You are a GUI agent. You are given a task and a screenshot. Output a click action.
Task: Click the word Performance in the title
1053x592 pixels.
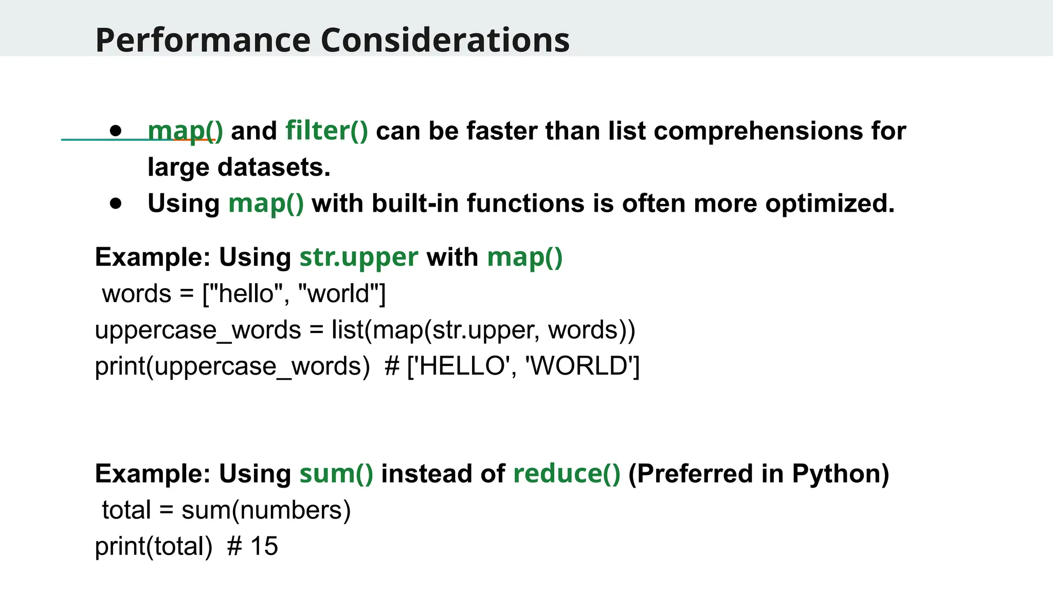pyautogui.click(x=203, y=40)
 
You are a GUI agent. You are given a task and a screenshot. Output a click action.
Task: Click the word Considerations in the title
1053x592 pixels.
pyautogui.click(x=445, y=40)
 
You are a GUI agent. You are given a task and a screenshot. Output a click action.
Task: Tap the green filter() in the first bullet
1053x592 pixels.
pyautogui.click(x=326, y=131)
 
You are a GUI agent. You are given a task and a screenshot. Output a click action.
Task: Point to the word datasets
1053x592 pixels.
pyautogui.click(x=274, y=167)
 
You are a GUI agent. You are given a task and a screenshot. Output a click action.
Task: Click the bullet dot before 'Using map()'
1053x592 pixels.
pyautogui.click(x=116, y=203)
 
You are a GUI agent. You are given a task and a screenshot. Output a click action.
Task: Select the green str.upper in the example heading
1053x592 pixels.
pyautogui.click(x=358, y=257)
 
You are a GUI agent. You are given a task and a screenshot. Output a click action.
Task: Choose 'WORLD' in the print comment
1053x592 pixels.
pyautogui.click(x=579, y=366)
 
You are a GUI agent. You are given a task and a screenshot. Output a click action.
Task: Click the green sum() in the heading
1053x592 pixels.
pyautogui.click(x=336, y=473)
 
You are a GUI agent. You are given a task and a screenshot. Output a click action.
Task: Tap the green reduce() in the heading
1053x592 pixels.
pyautogui.click(x=567, y=473)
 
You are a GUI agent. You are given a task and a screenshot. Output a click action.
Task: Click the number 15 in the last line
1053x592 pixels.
pyautogui.click(x=264, y=546)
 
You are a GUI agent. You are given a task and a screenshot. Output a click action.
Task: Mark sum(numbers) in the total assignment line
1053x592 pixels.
pyautogui.click(x=266, y=510)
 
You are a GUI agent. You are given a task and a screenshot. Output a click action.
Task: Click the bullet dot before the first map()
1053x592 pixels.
pyautogui.click(x=116, y=131)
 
